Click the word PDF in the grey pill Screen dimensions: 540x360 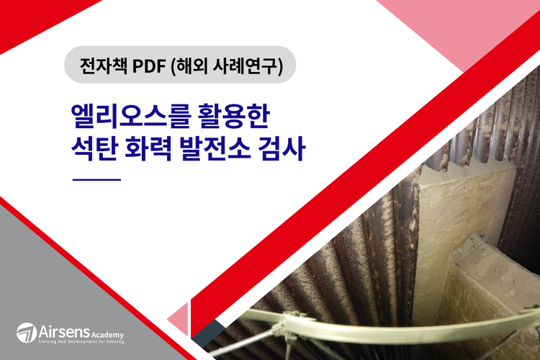tap(149, 66)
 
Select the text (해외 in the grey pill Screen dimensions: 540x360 tap(189, 66)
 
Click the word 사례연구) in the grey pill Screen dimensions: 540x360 tap(248, 66)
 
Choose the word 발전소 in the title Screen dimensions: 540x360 tap(215, 148)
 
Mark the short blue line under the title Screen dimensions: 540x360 tap(96, 179)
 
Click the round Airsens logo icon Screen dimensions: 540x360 tap(27, 333)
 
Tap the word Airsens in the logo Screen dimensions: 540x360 tap(64, 332)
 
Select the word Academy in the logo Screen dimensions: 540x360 tap(108, 335)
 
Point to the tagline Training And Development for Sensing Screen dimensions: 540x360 tap(81, 342)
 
